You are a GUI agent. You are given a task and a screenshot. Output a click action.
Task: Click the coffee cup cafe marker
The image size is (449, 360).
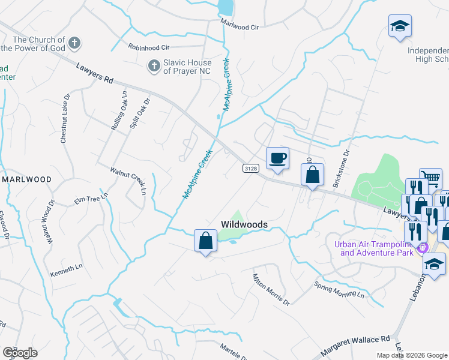tap(277, 158)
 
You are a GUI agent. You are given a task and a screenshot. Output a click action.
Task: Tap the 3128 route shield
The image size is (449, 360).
tap(251, 169)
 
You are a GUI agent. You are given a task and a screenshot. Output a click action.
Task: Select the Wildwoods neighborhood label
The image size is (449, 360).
tap(244, 224)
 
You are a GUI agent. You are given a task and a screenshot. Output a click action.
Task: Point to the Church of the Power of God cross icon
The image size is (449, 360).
tap(74, 43)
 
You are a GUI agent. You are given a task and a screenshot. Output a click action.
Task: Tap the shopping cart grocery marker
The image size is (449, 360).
tap(430, 178)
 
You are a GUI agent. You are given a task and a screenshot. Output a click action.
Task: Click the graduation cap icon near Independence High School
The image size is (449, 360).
tap(399, 26)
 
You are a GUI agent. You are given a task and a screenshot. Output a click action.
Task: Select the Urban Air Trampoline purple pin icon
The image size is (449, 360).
tap(422, 247)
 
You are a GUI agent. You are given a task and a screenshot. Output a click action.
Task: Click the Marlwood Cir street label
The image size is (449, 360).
tap(240, 26)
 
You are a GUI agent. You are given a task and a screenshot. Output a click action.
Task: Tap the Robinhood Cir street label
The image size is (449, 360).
tap(149, 46)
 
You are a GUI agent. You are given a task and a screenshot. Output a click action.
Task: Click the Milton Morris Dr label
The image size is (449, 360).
tap(271, 290)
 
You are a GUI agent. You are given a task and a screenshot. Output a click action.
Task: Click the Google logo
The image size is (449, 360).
tap(20, 352)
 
